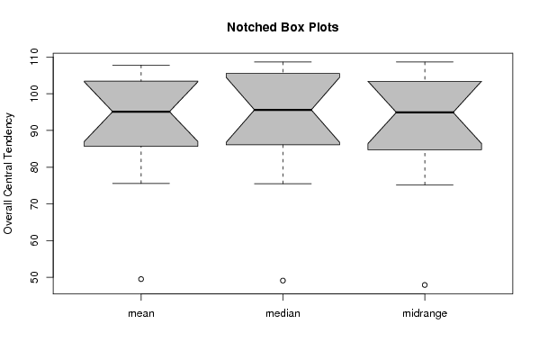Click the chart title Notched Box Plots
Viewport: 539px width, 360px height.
[283, 27]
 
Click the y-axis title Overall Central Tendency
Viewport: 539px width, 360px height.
[8, 174]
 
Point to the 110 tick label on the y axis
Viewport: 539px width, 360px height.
[34, 57]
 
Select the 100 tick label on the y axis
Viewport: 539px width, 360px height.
[34, 94]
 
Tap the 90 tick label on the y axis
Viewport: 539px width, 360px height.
[34, 130]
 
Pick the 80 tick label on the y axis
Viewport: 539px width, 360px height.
[34, 167]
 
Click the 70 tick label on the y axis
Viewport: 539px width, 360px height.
[34, 204]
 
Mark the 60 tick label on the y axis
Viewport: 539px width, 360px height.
[34, 240]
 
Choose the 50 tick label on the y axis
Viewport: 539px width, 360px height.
[34, 277]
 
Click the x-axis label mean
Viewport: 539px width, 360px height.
[141, 313]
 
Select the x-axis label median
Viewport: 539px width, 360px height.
[283, 313]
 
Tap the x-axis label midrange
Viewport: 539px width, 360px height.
[425, 313]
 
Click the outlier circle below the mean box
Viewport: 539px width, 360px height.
[141, 279]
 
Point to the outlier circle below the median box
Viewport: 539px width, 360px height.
[283, 281]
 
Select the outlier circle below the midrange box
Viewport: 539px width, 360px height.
[425, 284]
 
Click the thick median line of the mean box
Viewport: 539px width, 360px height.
[141, 112]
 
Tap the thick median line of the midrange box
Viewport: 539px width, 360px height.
[425, 112]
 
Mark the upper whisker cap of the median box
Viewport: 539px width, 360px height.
[283, 62]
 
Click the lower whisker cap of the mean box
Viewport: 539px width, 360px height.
[141, 184]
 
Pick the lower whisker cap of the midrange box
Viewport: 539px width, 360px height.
[425, 185]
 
